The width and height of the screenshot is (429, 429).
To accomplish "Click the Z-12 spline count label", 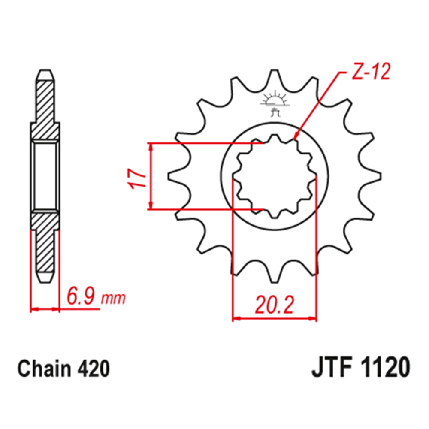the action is point(371,72).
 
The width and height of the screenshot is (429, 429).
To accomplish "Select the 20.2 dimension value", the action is point(275,305).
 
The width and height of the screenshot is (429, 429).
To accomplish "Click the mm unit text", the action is point(113,299).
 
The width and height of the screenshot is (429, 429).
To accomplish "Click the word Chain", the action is point(44,369).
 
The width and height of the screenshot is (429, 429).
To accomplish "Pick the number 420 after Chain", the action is point(94,369).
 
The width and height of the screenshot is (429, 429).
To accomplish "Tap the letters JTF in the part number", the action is point(331,368).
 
